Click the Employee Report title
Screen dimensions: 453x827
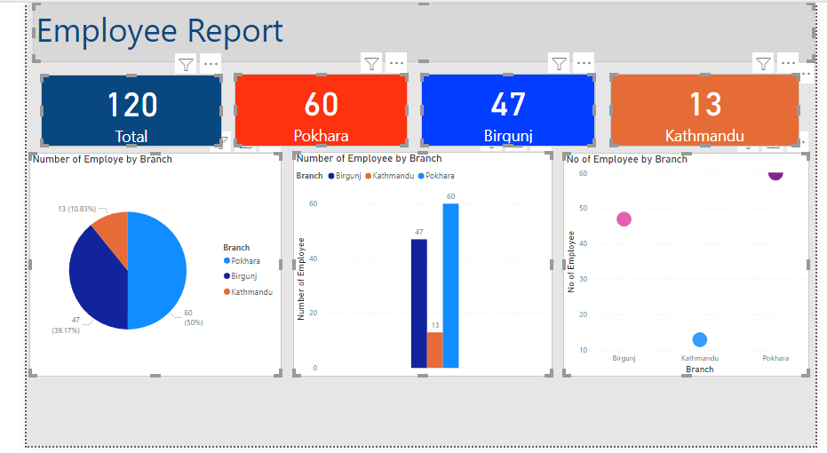160,32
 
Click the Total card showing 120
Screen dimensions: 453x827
131,110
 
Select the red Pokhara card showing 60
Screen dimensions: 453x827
321,110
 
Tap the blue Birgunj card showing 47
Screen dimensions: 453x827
507,110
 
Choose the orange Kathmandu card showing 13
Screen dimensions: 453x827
704,110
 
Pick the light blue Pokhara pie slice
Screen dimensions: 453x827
158,271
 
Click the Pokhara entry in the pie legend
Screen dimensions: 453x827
245,261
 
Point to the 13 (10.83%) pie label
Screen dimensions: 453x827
76,209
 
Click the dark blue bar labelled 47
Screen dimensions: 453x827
418,303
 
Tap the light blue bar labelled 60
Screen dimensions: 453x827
450,285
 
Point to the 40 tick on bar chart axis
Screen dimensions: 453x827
312,258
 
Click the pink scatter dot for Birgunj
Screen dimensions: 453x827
624,219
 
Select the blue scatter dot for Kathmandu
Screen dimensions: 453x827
699,339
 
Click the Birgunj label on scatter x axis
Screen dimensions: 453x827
624,358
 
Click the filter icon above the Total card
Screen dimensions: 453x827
186,63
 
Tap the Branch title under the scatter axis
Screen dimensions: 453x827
699,369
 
